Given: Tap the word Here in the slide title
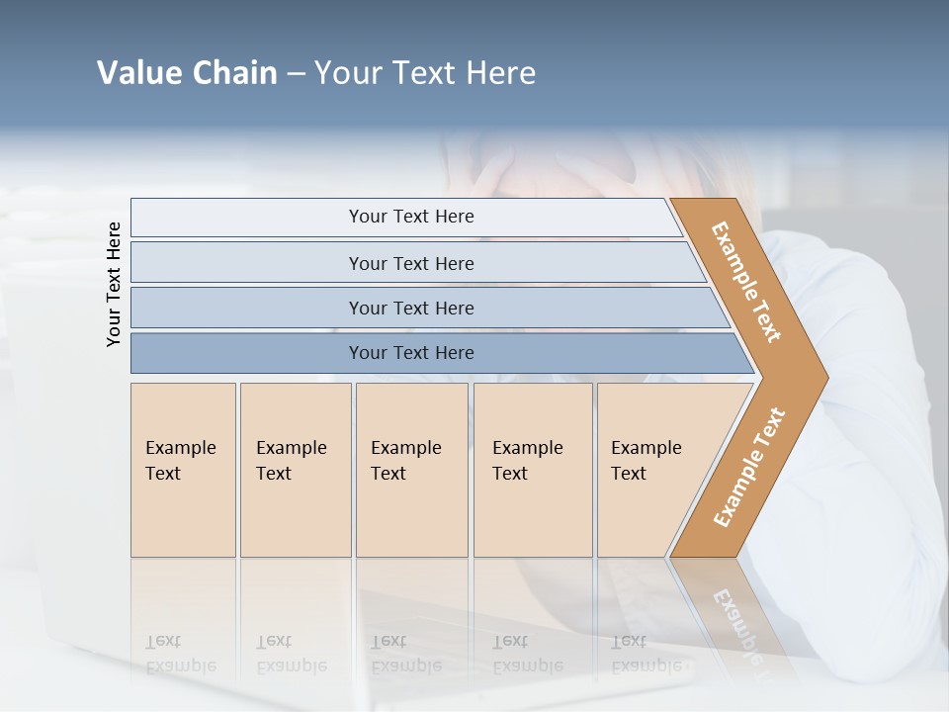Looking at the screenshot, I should (500, 73).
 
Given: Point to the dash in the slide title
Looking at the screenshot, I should (296, 74).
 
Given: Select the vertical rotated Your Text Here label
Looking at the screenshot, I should (114, 285).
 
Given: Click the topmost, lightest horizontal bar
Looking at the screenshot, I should (410, 217).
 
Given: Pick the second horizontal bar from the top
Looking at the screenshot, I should (410, 263).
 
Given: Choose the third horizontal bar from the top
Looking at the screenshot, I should (410, 308).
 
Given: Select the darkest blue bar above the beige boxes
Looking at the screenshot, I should (410, 353).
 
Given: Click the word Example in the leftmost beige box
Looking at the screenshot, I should (180, 448).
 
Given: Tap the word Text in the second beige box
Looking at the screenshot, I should (274, 474).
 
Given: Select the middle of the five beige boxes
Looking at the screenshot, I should (411, 470).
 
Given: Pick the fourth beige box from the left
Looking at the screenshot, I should (533, 470).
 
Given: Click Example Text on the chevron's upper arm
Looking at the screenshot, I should (746, 282).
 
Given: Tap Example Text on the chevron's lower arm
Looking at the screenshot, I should (749, 467).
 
